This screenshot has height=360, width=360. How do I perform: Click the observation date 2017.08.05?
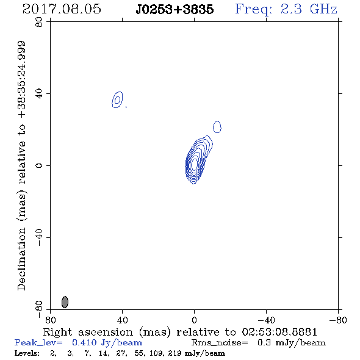(x=62, y=9)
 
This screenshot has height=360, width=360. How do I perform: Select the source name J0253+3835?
(x=175, y=10)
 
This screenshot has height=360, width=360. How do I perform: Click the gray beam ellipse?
(x=65, y=302)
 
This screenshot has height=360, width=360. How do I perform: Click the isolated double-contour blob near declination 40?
(x=117, y=100)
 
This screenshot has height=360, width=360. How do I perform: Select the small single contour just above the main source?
(x=217, y=127)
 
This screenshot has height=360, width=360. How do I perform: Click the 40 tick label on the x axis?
(x=122, y=320)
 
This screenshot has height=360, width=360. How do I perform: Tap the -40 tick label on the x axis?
(x=266, y=320)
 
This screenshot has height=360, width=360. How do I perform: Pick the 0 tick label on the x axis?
(x=194, y=320)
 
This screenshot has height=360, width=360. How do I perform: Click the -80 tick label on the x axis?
(x=338, y=320)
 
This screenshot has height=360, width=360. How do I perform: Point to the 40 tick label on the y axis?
(x=39, y=94)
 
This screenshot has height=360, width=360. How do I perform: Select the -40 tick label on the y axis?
(x=39, y=237)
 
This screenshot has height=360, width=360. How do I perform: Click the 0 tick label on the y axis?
(x=39, y=165)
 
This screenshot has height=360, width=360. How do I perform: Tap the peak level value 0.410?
(x=84, y=342)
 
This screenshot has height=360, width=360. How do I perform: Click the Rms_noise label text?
(x=220, y=343)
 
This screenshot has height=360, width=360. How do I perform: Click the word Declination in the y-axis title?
(x=21, y=259)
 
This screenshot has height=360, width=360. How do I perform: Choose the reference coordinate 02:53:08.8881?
(x=279, y=332)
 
